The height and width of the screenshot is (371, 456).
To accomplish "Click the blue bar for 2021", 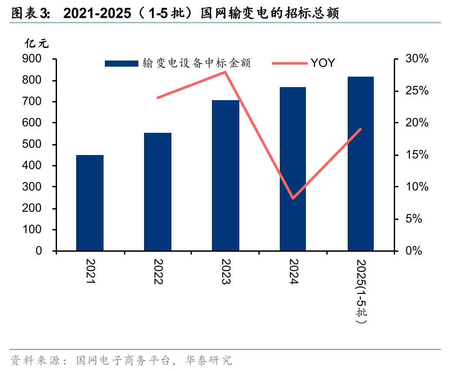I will click(90, 203).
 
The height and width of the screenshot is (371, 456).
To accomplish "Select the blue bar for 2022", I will click(158, 192).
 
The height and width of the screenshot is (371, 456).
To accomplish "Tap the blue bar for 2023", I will click(225, 175).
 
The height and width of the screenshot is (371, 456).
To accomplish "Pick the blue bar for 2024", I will click(293, 169).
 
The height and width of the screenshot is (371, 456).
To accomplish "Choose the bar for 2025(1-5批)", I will click(361, 164).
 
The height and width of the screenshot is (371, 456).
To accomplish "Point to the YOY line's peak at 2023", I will click(225, 72).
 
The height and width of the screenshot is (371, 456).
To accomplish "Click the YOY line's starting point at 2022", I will click(158, 98).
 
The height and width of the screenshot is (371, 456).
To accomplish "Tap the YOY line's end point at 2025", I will click(361, 129).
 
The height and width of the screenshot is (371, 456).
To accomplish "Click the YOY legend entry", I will click(304, 63).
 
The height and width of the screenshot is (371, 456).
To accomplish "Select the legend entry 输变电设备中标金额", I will click(178, 64).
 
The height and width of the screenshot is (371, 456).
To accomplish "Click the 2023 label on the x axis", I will click(226, 272).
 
